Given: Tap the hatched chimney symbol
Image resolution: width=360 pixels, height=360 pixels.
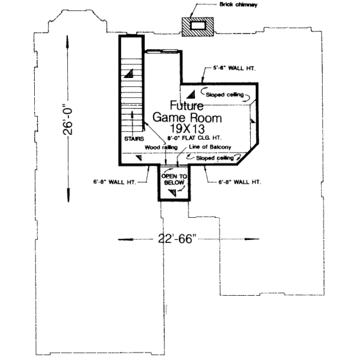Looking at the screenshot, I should coord(198,26).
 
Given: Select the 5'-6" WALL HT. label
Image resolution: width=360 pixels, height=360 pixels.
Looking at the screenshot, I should coord(235,69).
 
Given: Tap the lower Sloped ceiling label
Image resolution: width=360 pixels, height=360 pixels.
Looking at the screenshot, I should coord(222,157).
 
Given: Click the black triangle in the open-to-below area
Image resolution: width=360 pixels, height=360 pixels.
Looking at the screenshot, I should coord(173,192).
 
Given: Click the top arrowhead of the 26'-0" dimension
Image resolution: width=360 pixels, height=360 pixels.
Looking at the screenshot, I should coord(67,36).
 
